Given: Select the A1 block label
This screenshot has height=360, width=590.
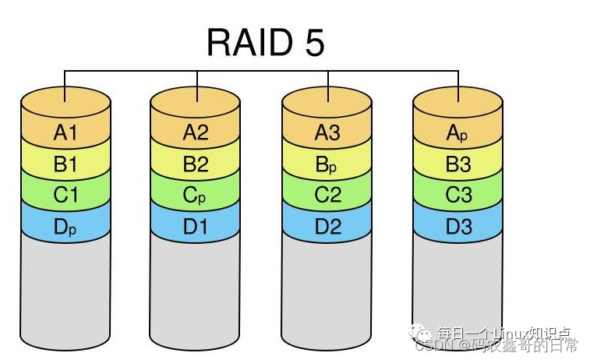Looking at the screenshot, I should click(65, 132).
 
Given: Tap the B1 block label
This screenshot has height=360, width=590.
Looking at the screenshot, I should click(65, 164).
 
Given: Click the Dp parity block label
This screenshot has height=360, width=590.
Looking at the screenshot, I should click(65, 227).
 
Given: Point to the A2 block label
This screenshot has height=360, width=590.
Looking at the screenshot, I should click(196, 132).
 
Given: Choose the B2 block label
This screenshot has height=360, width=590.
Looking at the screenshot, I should click(196, 164).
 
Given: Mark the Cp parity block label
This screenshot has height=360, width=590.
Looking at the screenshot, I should click(196, 196).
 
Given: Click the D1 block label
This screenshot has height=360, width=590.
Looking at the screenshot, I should click(196, 227).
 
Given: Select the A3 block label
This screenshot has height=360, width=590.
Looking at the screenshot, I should click(327, 132).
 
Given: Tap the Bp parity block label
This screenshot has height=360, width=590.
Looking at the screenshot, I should click(327, 165).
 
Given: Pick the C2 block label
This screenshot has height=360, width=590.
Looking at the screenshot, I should click(327, 195).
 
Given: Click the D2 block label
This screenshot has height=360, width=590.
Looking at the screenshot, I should click(327, 227).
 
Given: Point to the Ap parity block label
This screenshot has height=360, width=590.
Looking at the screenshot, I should click(458, 133).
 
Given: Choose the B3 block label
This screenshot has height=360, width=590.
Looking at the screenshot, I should click(458, 164).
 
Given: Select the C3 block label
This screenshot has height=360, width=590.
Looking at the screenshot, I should click(458, 195).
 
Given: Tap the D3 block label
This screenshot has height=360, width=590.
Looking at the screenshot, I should click(458, 227).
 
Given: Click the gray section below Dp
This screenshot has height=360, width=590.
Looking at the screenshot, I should click(65, 288).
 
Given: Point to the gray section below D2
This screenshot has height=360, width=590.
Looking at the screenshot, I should click(327, 288).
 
